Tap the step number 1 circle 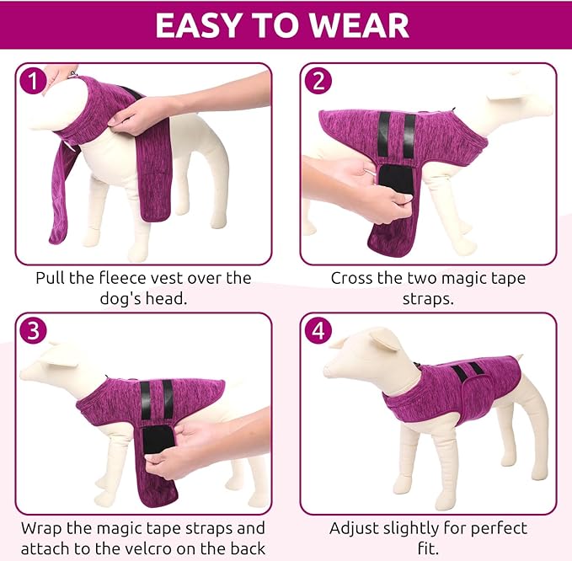tap(33, 81)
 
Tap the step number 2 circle tap(318, 81)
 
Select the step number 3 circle tap(33, 331)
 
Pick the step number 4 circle tap(318, 331)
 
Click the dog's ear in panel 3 tap(62, 355)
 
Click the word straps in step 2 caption tap(428, 298)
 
